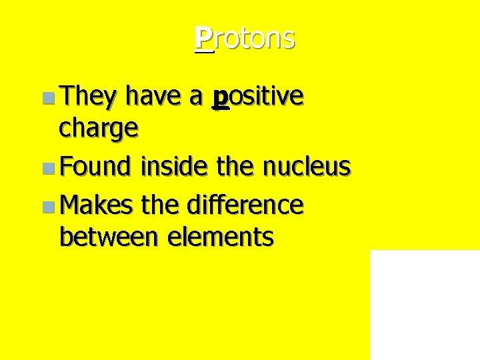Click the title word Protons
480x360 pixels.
click(x=245, y=39)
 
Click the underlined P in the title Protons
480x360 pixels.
click(x=204, y=39)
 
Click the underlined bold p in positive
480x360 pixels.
click(x=220, y=99)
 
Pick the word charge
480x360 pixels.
click(x=99, y=128)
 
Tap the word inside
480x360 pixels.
click(x=175, y=166)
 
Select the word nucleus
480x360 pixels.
click(x=306, y=166)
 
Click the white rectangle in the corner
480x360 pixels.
click(x=425, y=305)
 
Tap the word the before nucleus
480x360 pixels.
click(x=237, y=166)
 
